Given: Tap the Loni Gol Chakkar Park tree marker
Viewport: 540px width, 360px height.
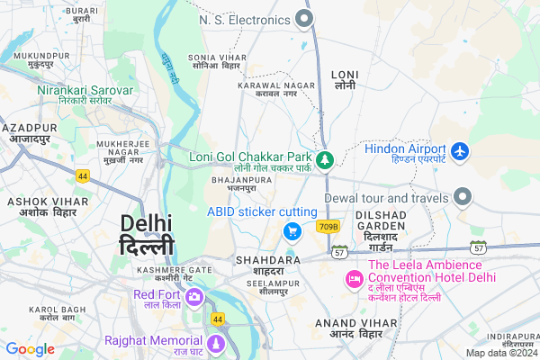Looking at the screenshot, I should pos(325,159).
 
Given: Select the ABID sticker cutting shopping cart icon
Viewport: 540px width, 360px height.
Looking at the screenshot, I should pos(292,231).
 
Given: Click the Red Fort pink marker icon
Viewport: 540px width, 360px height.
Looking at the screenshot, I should pos(195,298).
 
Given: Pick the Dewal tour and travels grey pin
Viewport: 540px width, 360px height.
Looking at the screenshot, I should pos(463,197).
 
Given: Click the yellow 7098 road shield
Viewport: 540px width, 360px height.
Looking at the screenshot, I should pos(328,226).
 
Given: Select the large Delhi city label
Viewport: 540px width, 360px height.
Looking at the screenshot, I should pos(148,233).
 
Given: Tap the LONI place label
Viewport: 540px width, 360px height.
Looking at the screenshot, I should pos(345,78).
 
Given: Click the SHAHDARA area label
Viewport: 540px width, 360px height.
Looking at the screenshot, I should pos(260,265).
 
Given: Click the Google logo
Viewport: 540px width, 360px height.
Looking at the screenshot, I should pos(31,349).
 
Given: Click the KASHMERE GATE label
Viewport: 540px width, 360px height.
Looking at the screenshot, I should pos(175,274).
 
